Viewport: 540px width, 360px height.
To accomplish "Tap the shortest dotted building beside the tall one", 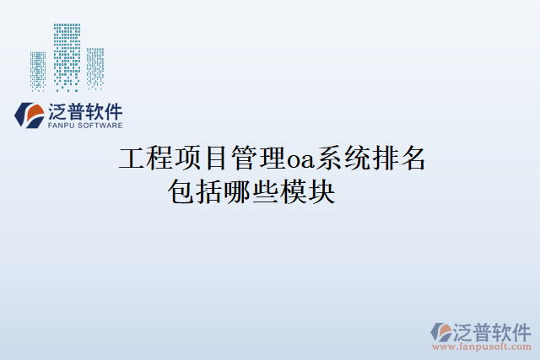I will [37, 71].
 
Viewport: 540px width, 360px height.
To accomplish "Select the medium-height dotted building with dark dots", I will [94, 67].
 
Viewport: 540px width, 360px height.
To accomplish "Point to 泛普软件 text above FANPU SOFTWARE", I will [86, 110].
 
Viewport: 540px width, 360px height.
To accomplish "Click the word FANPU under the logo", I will [62, 125].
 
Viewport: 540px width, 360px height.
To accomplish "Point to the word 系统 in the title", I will [341, 159].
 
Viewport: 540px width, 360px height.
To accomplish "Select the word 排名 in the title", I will [397, 159].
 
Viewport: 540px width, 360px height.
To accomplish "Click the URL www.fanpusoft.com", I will [482, 346].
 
